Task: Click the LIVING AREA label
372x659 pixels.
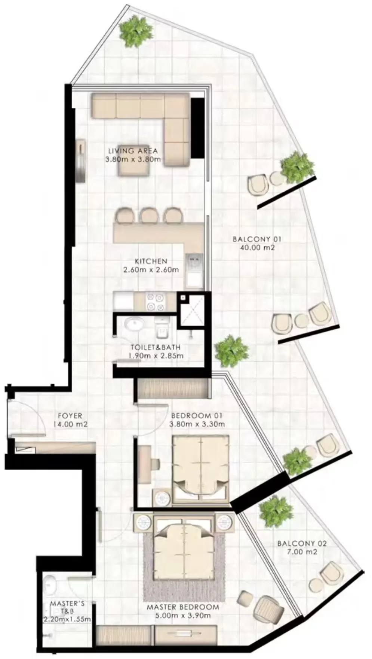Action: click(133, 151)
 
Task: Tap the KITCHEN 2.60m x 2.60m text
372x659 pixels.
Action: click(151, 265)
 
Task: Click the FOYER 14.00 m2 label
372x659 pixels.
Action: click(70, 420)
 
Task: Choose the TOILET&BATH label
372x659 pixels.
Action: click(156, 351)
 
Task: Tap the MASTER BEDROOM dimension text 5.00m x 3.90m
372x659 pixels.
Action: click(182, 616)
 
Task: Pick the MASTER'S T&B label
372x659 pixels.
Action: click(67, 611)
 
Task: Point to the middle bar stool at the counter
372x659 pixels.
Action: click(150, 216)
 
